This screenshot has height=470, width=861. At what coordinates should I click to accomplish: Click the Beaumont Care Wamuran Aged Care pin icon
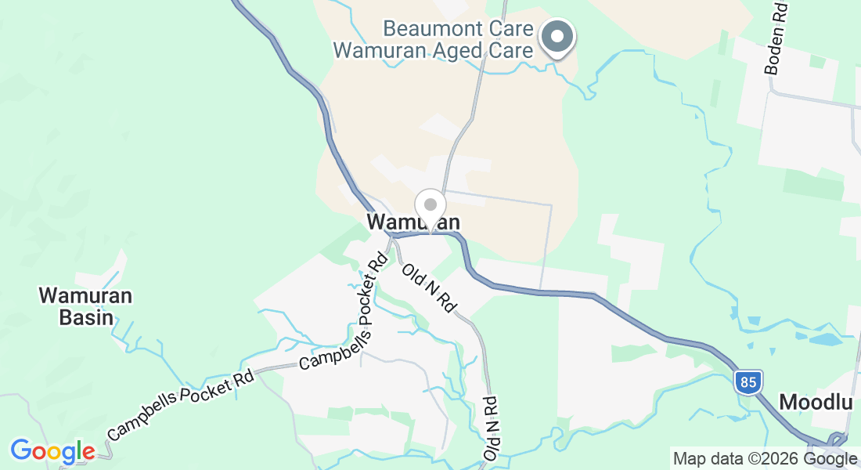click(x=557, y=36)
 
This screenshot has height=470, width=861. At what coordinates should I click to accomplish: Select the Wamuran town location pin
click(x=430, y=206)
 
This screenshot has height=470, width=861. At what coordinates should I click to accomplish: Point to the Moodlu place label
click(x=815, y=403)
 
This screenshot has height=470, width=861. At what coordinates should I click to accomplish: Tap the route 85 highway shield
click(x=748, y=383)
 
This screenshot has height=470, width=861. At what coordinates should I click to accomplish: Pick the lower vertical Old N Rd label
click(x=492, y=428)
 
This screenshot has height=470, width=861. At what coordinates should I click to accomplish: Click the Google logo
click(x=52, y=451)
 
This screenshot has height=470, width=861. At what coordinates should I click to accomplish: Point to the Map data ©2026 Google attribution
click(x=766, y=459)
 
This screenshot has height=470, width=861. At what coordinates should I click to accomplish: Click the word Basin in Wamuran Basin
click(x=86, y=318)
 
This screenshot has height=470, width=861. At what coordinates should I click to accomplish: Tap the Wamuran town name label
click(x=413, y=223)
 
